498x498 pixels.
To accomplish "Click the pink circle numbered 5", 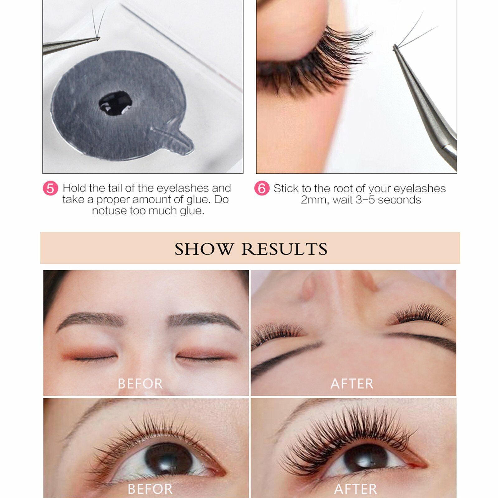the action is click(50, 189).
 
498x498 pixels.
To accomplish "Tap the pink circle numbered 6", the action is click(262, 189).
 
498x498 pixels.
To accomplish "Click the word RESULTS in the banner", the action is click(284, 249).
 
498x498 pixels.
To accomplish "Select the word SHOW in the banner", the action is click(204, 249).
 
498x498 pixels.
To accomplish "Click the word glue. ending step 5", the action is click(192, 211).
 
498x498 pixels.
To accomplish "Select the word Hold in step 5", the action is click(74, 188).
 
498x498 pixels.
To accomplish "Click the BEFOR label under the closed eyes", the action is click(140, 383).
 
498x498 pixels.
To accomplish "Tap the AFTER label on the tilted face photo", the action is click(352, 383).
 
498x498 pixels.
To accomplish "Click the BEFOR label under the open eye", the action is click(150, 489).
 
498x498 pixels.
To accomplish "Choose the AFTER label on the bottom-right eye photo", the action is click(355, 489).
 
